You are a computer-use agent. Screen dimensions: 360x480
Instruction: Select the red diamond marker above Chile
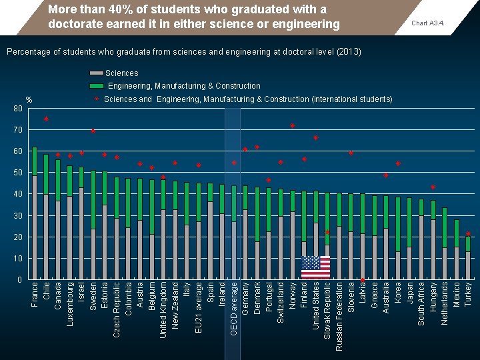[x=46, y=119]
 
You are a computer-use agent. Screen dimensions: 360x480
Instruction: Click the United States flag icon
[x=315, y=267]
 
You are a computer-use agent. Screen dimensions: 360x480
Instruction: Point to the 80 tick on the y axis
[x=18, y=109]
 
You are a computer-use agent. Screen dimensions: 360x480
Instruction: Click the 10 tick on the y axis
[x=18, y=259]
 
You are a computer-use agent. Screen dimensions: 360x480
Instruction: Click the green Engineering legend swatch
[x=97, y=86]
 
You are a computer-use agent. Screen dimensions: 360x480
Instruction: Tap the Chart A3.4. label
[x=428, y=23]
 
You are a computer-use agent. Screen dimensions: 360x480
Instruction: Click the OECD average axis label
[x=233, y=308]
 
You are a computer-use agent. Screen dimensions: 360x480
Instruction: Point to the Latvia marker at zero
[x=362, y=280]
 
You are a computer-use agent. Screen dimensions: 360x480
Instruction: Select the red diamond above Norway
[x=292, y=126]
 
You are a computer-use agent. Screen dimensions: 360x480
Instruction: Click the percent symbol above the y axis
[x=29, y=100]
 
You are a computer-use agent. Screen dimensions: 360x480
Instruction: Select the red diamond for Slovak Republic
[x=327, y=233]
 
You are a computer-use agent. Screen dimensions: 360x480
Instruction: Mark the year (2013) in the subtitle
[x=349, y=51]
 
